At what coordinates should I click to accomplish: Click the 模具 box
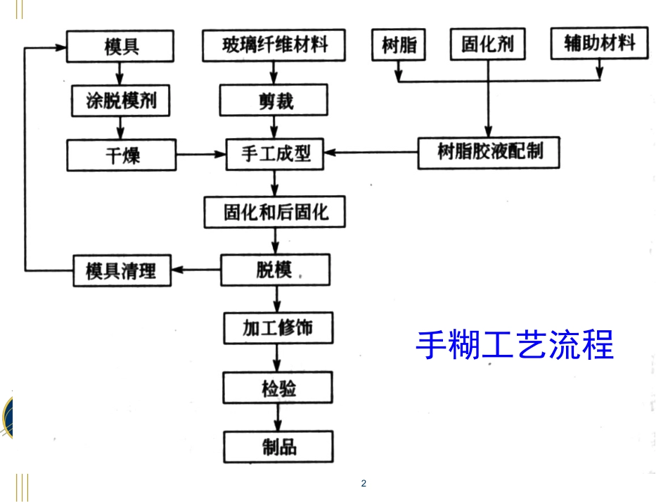coord(121,46)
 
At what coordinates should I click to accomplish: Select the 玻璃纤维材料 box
coord(275,46)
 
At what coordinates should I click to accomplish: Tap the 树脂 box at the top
coord(399,46)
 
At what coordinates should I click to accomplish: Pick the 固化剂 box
coord(487,46)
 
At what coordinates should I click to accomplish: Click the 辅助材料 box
coord(599,44)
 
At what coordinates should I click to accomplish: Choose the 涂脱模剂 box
coord(122,101)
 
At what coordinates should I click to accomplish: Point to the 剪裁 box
coord(274,101)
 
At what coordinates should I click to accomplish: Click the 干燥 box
coord(122,155)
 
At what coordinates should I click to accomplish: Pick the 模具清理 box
coord(122,270)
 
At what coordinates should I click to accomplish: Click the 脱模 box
coord(274,270)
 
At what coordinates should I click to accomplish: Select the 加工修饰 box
coord(278,329)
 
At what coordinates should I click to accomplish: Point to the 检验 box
coord(278,388)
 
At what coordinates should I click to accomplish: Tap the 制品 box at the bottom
coord(278,446)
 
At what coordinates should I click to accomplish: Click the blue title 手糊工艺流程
coord(515,345)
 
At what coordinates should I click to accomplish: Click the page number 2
coord(363,483)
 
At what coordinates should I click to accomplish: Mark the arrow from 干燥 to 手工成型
coord(200,154)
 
